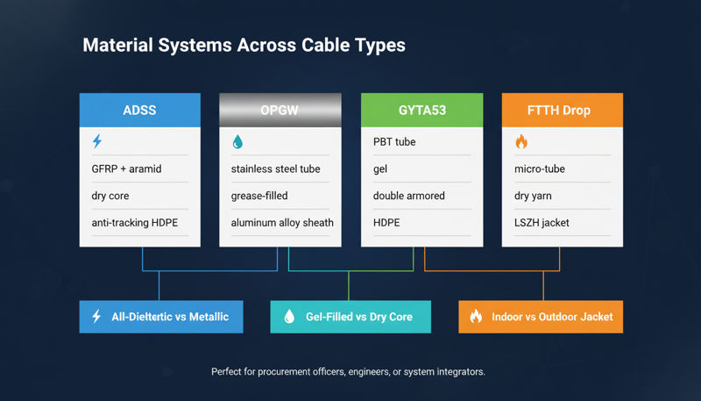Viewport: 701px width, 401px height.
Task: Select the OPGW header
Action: pyautogui.click(x=280, y=111)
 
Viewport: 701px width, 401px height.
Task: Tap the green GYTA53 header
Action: pyautogui.click(x=421, y=111)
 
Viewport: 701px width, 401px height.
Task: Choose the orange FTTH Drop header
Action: pyautogui.click(x=562, y=111)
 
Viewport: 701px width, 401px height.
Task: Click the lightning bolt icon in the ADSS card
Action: pyautogui.click(x=97, y=141)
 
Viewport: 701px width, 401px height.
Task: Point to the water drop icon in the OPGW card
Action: pyautogui.click(x=237, y=141)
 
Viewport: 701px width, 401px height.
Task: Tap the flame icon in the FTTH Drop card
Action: pyautogui.click(x=520, y=141)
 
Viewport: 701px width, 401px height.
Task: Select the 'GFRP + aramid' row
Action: pyautogui.click(x=128, y=168)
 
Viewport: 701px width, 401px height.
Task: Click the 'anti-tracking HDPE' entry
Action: pyautogui.click(x=134, y=223)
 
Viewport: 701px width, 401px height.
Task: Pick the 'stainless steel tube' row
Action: pyautogui.click(x=277, y=168)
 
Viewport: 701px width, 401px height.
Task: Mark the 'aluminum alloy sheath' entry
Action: pyautogui.click(x=282, y=223)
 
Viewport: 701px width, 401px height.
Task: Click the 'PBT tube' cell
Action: pyautogui.click(x=394, y=141)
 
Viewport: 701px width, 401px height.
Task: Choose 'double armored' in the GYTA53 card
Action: pyautogui.click(x=408, y=196)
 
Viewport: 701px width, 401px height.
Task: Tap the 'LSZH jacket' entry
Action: pyautogui.click(x=542, y=223)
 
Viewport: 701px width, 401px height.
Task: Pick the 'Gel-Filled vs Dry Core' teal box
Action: pyautogui.click(x=350, y=316)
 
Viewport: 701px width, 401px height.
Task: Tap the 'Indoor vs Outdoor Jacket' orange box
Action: pyautogui.click(x=541, y=316)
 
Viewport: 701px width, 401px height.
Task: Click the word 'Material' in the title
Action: pyautogui.click(x=117, y=46)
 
